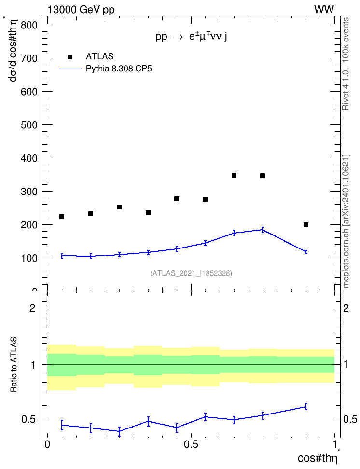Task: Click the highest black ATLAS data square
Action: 234,175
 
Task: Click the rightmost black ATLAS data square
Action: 306,225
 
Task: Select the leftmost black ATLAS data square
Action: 62,217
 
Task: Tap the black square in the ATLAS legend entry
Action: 70,57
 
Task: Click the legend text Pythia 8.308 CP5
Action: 119,69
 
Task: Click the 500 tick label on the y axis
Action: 29,124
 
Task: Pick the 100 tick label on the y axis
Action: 29,258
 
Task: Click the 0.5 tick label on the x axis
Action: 191,444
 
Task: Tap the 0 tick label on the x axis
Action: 47,444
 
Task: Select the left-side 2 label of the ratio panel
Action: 32,308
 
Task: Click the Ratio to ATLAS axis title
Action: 14,364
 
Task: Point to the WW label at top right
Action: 324,10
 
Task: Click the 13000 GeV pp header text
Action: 81,10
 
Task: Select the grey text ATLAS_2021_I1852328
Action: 191,273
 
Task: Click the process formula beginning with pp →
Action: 191,37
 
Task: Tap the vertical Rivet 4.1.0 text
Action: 346,64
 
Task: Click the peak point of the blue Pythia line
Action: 263,230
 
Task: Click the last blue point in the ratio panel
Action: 306,406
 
